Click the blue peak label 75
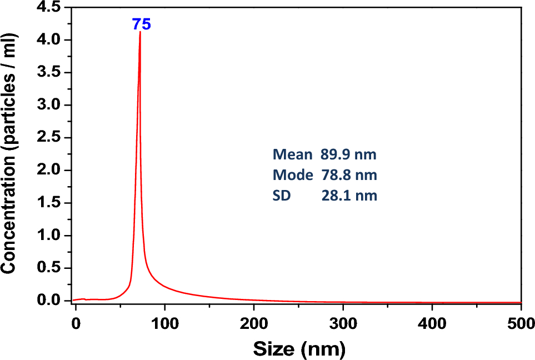[x=141, y=24]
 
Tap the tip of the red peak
[x=140, y=32]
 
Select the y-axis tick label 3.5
[x=52, y=73]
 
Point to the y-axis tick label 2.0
[x=52, y=171]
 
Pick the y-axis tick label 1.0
[x=52, y=236]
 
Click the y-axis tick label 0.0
[x=52, y=301]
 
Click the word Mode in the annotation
[x=292, y=176]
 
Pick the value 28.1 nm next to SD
[x=349, y=196]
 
